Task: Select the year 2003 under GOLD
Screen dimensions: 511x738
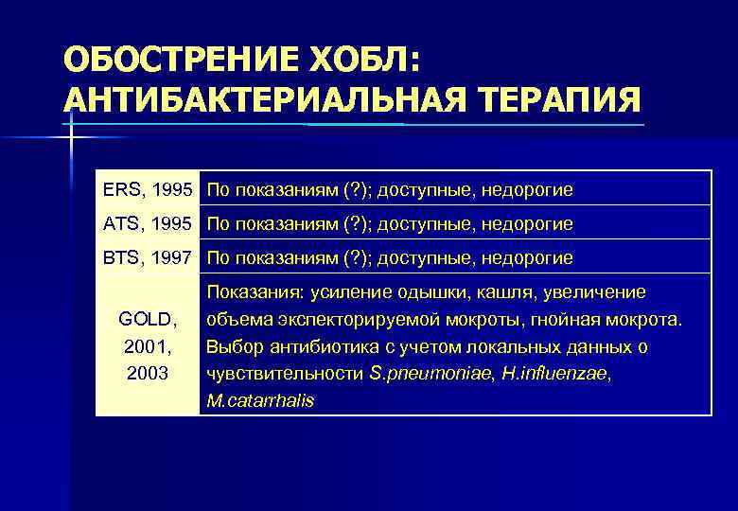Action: (148, 373)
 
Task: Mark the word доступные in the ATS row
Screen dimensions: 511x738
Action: (427, 223)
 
